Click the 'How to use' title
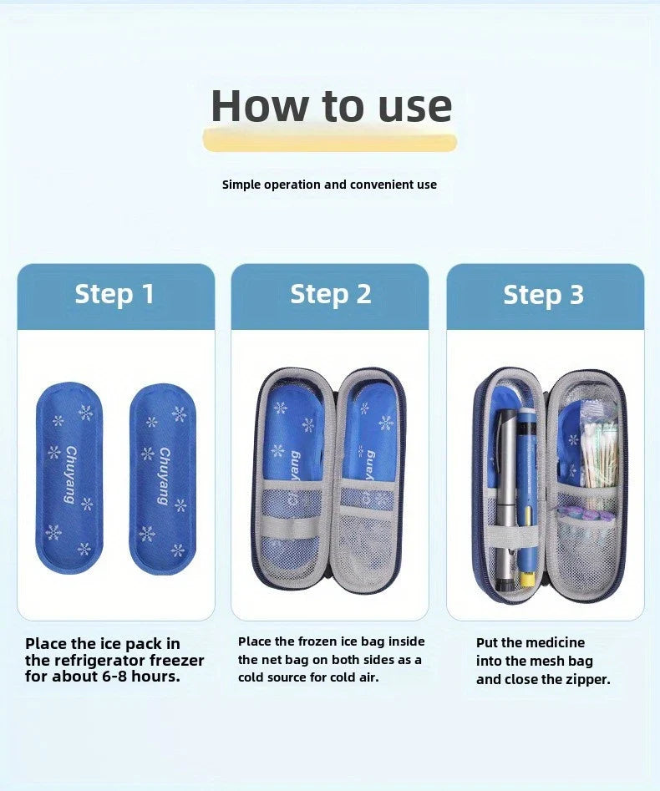(x=331, y=106)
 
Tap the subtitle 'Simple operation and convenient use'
(x=329, y=185)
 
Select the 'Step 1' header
(x=115, y=294)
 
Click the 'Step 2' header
(x=330, y=294)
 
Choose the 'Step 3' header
(x=544, y=295)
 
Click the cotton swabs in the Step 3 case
(x=600, y=455)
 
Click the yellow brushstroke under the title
(x=330, y=141)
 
